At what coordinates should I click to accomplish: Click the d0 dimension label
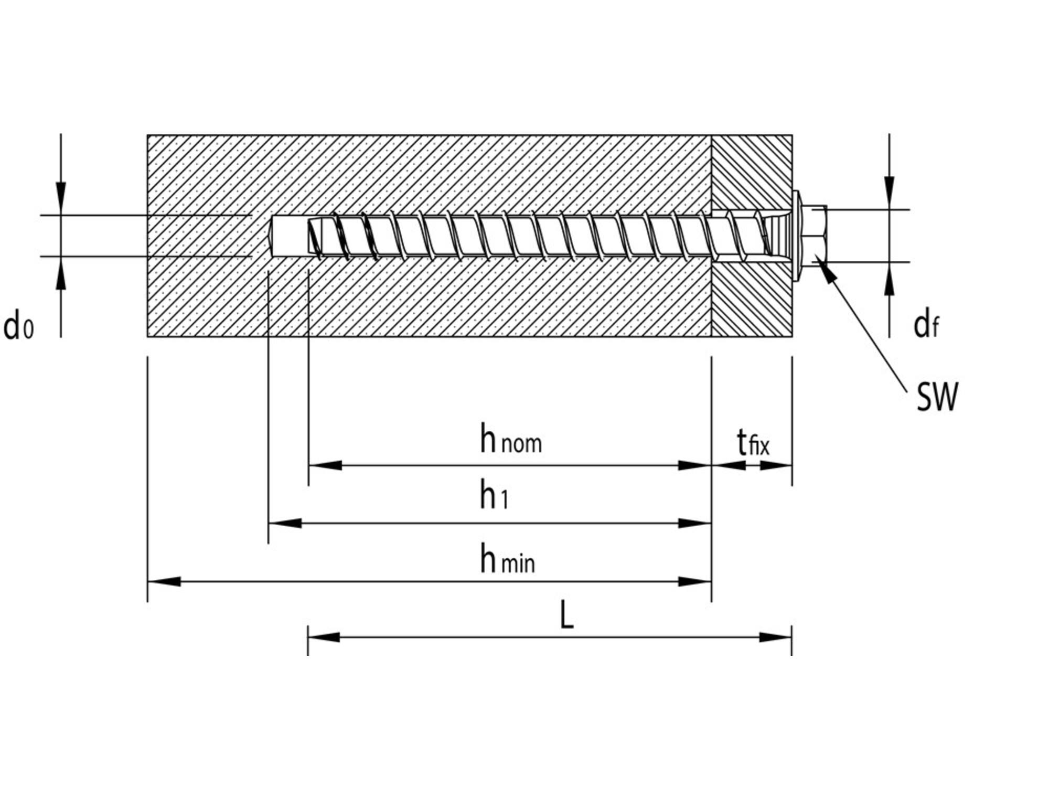click(x=18, y=326)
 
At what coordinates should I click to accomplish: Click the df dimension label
click(x=926, y=325)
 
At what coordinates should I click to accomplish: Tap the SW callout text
click(x=937, y=397)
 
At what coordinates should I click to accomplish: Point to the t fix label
click(x=753, y=442)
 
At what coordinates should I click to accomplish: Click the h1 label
click(x=494, y=495)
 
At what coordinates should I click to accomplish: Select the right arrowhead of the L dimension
click(x=775, y=637)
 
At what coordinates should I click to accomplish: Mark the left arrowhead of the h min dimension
click(x=164, y=581)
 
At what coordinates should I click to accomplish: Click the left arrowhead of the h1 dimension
click(x=285, y=523)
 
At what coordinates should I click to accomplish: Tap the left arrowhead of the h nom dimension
click(x=325, y=465)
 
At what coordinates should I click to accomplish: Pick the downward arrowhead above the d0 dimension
click(x=61, y=198)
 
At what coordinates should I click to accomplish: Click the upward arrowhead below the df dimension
click(x=890, y=278)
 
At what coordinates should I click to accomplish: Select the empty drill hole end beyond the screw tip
click(x=288, y=236)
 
